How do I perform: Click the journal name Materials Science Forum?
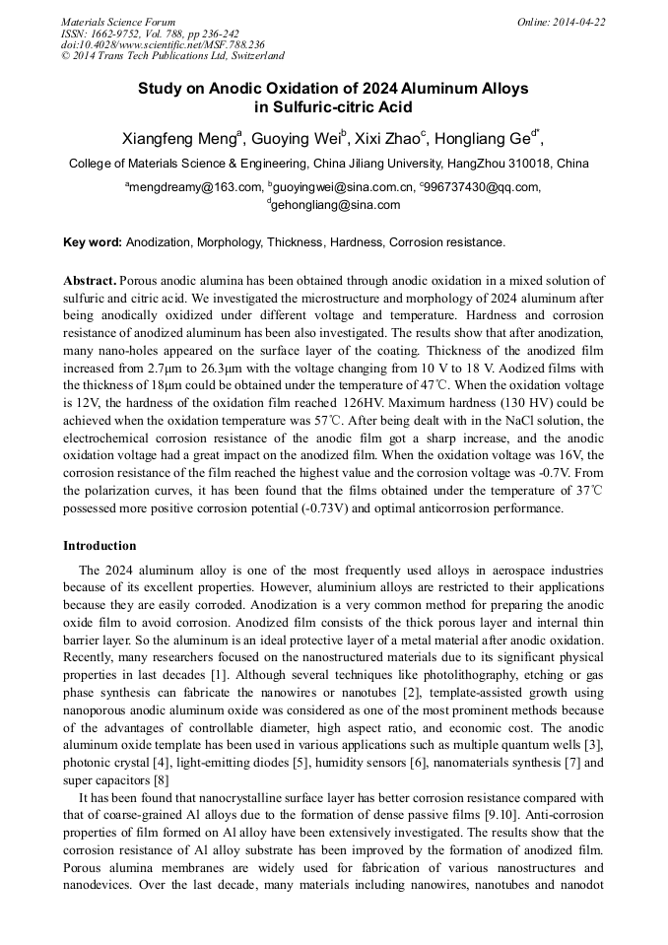(118, 22)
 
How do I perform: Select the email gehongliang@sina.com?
(336, 205)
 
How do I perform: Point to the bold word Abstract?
(89, 281)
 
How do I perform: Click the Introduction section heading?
(100, 546)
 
